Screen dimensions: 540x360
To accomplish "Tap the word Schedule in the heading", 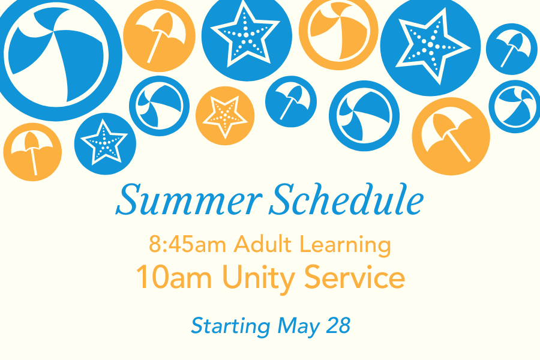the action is pyautogui.click(x=346, y=199).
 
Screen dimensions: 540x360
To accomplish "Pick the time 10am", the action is pyautogui.click(x=174, y=278).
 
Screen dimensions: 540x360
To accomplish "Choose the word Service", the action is pyautogui.click(x=355, y=277).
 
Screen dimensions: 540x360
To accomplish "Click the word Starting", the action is pyautogui.click(x=231, y=326).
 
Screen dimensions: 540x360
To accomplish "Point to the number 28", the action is pyautogui.click(x=338, y=325).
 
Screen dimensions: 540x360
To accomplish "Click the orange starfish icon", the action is pyautogui.click(x=225, y=116).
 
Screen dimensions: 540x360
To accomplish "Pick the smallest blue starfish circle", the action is pyautogui.click(x=105, y=143).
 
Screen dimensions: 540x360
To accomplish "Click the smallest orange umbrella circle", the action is pyautogui.click(x=33, y=152).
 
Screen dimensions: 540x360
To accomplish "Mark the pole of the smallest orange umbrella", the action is pyautogui.click(x=34, y=162).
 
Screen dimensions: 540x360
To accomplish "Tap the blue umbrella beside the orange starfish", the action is pyautogui.click(x=291, y=101).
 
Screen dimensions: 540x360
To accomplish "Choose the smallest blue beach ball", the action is pyautogui.click(x=515, y=106).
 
